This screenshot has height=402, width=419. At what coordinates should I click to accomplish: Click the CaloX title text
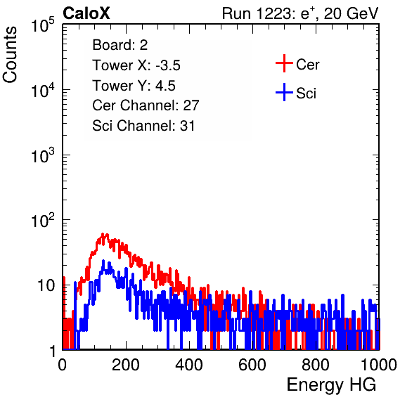pyautogui.click(x=86, y=13)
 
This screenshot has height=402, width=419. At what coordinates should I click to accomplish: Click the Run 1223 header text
pyautogui.click(x=300, y=13)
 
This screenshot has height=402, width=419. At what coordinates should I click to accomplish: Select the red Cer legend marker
pyautogui.click(x=284, y=63)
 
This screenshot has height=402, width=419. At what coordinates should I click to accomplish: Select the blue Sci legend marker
pyautogui.click(x=284, y=92)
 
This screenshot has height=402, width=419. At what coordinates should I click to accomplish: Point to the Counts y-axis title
pyautogui.click(x=10, y=55)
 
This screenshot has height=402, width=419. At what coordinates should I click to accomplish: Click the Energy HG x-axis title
pyautogui.click(x=331, y=384)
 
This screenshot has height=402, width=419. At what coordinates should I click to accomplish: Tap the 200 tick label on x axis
pyautogui.click(x=126, y=365)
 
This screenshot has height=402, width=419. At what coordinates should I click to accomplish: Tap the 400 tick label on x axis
pyautogui.click(x=189, y=365)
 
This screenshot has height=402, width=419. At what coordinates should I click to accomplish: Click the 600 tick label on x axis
pyautogui.click(x=252, y=365)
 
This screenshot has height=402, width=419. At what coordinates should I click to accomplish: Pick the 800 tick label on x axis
pyautogui.click(x=316, y=365)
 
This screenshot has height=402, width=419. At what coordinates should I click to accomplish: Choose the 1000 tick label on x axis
pyautogui.click(x=379, y=365)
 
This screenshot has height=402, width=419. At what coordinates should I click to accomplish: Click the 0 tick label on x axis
pyautogui.click(x=63, y=365)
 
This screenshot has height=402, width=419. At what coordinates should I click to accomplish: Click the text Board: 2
pyautogui.click(x=120, y=45)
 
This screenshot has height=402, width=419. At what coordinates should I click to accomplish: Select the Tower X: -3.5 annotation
pyautogui.click(x=136, y=65)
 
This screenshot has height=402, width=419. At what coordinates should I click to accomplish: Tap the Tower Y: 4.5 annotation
pyautogui.click(x=134, y=86)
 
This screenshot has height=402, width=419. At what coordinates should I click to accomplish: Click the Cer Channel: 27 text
pyautogui.click(x=146, y=105)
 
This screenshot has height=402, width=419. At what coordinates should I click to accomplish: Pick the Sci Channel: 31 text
pyautogui.click(x=143, y=126)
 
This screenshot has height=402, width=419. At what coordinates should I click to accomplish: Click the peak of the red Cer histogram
pyautogui.click(x=103, y=234)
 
